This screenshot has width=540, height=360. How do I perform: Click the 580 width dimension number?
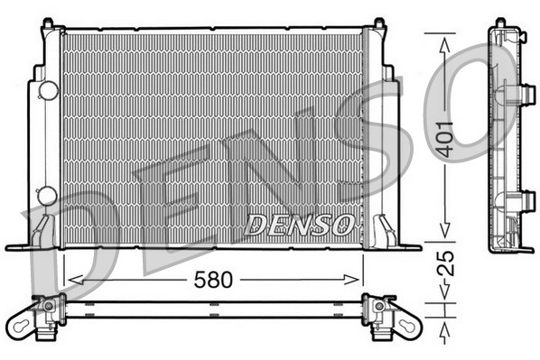(213, 280)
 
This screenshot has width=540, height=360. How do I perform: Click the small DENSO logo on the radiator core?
(299, 225)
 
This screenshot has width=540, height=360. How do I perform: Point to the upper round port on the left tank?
(48, 90)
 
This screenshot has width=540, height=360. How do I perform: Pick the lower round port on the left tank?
(48, 195)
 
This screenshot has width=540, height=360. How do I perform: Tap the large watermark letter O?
(492, 99)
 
